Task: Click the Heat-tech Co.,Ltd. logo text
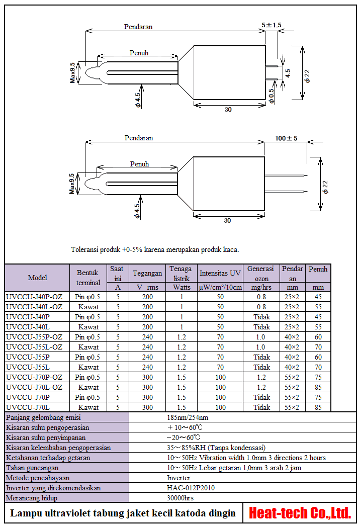300,513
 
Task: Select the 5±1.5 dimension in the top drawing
272,25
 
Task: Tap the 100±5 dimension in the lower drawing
287,138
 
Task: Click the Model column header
37,278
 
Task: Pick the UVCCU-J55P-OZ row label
34,337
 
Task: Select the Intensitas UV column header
220,274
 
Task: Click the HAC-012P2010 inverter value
189,488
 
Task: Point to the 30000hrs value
181,498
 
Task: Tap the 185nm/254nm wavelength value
188,417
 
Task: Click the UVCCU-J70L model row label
28,407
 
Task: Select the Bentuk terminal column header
88,278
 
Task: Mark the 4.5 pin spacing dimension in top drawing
288,72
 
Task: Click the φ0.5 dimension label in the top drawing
272,96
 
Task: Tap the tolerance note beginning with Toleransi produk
155,249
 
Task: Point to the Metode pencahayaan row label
38,478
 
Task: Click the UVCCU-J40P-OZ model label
34,297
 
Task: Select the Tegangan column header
147,274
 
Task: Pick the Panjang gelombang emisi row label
43,417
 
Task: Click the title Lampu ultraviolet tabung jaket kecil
123,513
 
